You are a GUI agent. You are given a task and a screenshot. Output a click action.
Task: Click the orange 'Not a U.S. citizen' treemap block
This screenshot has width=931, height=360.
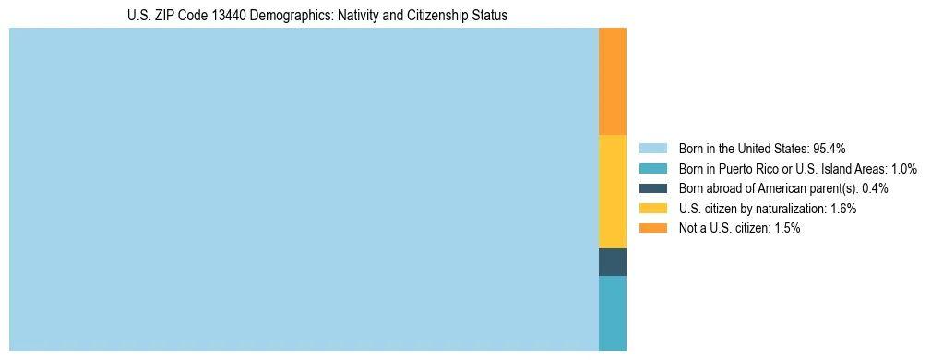pyautogui.click(x=613, y=81)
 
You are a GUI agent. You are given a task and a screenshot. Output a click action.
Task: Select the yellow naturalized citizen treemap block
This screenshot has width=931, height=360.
pyautogui.click(x=613, y=191)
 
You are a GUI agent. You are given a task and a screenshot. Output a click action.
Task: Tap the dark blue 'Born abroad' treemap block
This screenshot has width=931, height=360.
pyautogui.click(x=613, y=262)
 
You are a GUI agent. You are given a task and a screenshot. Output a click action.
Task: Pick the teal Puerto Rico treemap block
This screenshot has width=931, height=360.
pyautogui.click(x=613, y=313)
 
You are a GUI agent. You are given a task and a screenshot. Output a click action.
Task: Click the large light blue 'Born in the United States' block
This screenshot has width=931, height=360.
pyautogui.click(x=304, y=189)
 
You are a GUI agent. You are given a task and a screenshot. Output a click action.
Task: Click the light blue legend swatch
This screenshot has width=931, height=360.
pyautogui.click(x=652, y=148)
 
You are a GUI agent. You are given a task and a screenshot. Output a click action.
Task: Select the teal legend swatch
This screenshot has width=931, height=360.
pyautogui.click(x=652, y=168)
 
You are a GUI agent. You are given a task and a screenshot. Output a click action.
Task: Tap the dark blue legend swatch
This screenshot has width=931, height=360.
pyautogui.click(x=652, y=188)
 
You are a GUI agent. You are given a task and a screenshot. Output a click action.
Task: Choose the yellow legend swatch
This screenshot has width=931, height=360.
pyautogui.click(x=652, y=209)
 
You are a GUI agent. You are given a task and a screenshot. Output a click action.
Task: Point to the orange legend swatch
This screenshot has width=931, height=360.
pyautogui.click(x=652, y=228)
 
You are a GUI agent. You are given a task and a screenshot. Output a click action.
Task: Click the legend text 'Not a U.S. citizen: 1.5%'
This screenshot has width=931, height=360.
pyautogui.click(x=739, y=228)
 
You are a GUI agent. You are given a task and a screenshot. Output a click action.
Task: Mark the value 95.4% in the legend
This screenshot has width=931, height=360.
pyautogui.click(x=830, y=148)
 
